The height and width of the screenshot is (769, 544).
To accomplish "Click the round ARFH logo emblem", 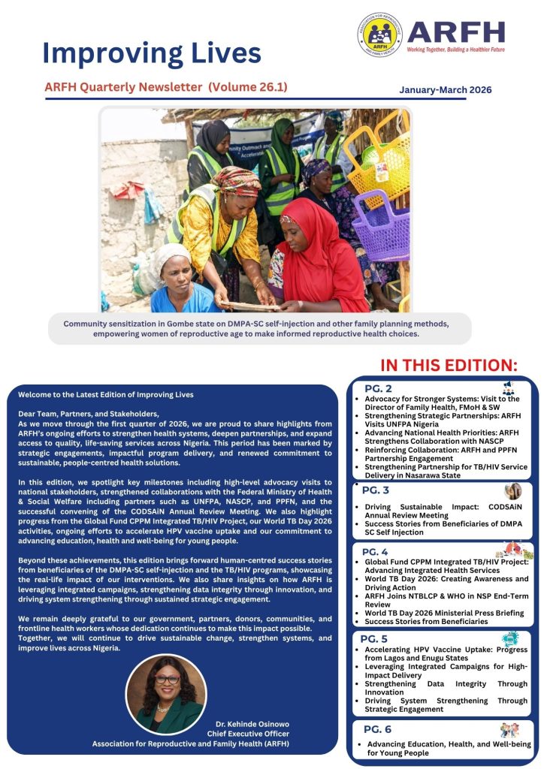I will pyautogui.click(x=379, y=35).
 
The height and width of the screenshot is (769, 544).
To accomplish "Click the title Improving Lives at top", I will pyautogui.click(x=152, y=53).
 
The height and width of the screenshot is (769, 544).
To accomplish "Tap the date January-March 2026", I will pyautogui.click(x=445, y=89).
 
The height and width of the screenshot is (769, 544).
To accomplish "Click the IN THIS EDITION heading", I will pyautogui.click(x=449, y=365).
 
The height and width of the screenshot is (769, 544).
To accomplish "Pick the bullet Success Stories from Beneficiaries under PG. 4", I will pyautogui.click(x=426, y=622).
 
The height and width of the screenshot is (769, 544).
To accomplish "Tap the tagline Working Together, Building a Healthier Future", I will pyautogui.click(x=455, y=48).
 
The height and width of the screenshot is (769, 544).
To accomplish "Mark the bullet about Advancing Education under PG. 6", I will pyautogui.click(x=448, y=748).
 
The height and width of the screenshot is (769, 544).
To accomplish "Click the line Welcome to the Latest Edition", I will pyautogui.click(x=106, y=394).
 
